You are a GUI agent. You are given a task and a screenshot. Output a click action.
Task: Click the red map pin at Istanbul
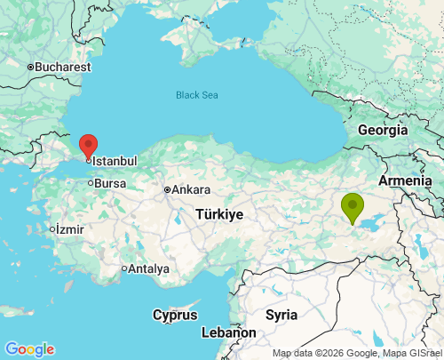[88, 145]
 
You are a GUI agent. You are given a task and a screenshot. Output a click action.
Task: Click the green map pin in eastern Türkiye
[353, 207]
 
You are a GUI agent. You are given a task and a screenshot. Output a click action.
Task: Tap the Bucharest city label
[62, 67]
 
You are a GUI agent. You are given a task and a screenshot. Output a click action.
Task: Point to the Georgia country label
[383, 130]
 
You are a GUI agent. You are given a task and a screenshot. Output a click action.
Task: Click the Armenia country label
[407, 181]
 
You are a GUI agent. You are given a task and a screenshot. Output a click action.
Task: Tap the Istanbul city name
[115, 161]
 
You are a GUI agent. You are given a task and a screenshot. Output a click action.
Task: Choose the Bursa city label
[109, 184]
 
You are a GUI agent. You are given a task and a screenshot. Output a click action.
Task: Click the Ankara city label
[191, 189]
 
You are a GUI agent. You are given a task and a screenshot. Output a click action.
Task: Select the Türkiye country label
[219, 215]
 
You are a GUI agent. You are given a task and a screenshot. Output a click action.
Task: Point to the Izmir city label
[69, 228]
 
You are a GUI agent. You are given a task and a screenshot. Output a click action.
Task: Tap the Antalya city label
[148, 268]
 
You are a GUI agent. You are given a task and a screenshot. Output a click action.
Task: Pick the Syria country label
[281, 315]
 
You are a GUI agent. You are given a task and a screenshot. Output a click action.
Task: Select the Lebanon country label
[229, 332]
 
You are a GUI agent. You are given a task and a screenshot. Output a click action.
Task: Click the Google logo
[29, 349]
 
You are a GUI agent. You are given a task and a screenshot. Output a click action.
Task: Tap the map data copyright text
[357, 353]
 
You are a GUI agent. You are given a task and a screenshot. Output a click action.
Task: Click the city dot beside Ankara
[167, 189]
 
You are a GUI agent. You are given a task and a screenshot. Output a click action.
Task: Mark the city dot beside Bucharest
[29, 67]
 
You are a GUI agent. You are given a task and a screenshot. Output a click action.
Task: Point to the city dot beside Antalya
[124, 268]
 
